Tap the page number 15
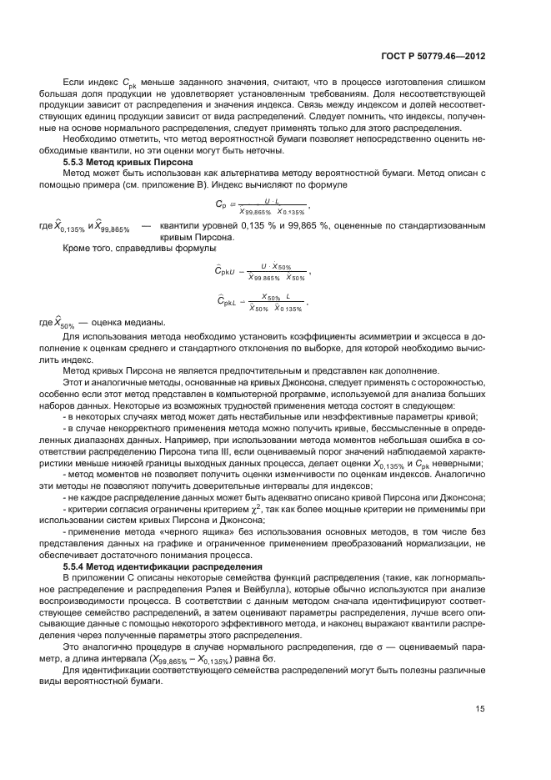[480, 708]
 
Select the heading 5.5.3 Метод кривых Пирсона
[128, 161]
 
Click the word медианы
[143, 323]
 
